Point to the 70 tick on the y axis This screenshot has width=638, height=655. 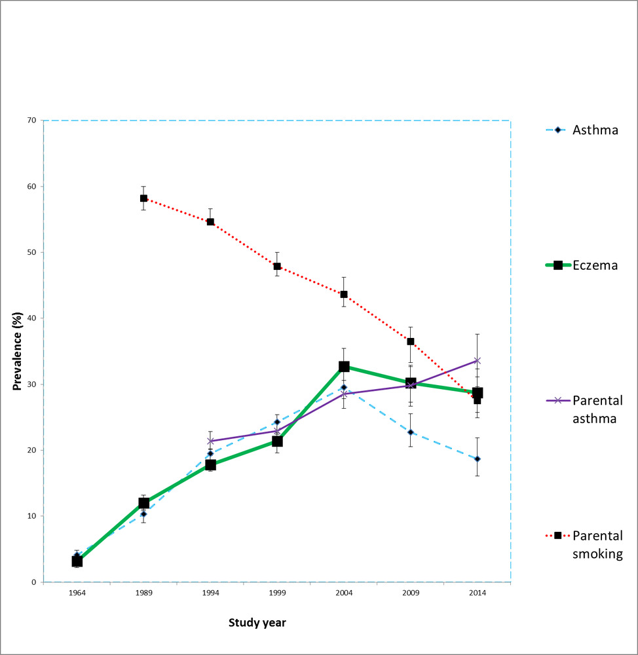pyautogui.click(x=31, y=121)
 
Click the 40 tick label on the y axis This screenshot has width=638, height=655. pyautogui.click(x=31, y=318)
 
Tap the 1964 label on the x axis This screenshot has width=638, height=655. pyautogui.click(x=77, y=593)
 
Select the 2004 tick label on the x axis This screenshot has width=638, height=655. pyautogui.click(x=344, y=593)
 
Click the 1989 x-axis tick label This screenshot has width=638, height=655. pyautogui.click(x=143, y=593)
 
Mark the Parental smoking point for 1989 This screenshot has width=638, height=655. pyautogui.click(x=143, y=198)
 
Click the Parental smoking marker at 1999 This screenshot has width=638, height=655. pyautogui.click(x=277, y=267)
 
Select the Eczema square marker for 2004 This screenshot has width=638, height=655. pyautogui.click(x=344, y=367)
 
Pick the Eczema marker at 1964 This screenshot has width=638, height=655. pyautogui.click(x=77, y=561)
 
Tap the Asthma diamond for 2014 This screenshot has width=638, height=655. pyautogui.click(x=478, y=458)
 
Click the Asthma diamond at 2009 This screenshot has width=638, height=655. pyautogui.click(x=411, y=432)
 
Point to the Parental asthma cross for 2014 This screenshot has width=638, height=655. pyautogui.click(x=478, y=360)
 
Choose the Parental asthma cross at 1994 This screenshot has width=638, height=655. pyautogui.click(x=210, y=441)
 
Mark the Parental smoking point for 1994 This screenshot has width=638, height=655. pyautogui.click(x=210, y=221)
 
